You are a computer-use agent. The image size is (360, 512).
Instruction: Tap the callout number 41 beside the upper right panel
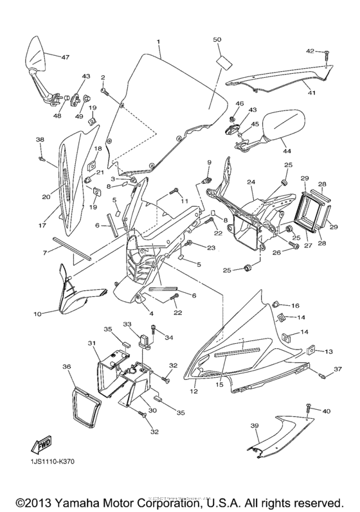[x=311, y=94]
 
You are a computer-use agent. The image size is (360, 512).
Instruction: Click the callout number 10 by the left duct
[x=37, y=314]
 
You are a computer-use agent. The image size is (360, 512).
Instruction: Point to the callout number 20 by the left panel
[x=46, y=198]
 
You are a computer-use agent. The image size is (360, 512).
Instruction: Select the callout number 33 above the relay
[x=127, y=324]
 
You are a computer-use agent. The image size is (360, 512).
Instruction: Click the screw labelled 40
[x=307, y=408]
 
